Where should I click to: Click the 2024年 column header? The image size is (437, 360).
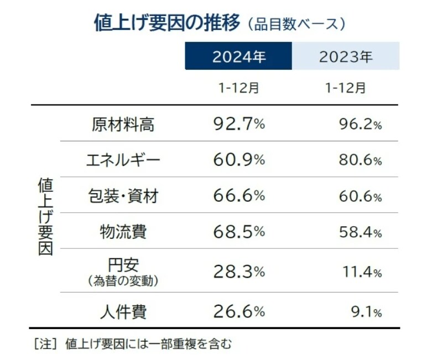pyautogui.click(x=238, y=57)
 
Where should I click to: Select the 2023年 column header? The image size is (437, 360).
pyautogui.click(x=346, y=57)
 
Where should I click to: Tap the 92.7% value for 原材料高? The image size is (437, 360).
pyautogui.click(x=238, y=124)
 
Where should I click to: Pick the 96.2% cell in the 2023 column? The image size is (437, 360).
pyautogui.click(x=360, y=125)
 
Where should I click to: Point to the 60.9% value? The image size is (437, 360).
pyautogui.click(x=238, y=160)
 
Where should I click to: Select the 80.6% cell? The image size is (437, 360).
pyautogui.click(x=360, y=161)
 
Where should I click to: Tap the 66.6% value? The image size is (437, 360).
pyautogui.click(x=238, y=196)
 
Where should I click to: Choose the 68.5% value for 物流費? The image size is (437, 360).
pyautogui.click(x=238, y=232)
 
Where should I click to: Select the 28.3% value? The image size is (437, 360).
pyautogui.click(x=238, y=272)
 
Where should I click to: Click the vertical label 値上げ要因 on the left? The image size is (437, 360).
pyautogui.click(x=45, y=216)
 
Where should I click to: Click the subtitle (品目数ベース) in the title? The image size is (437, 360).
pyautogui.click(x=296, y=24)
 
